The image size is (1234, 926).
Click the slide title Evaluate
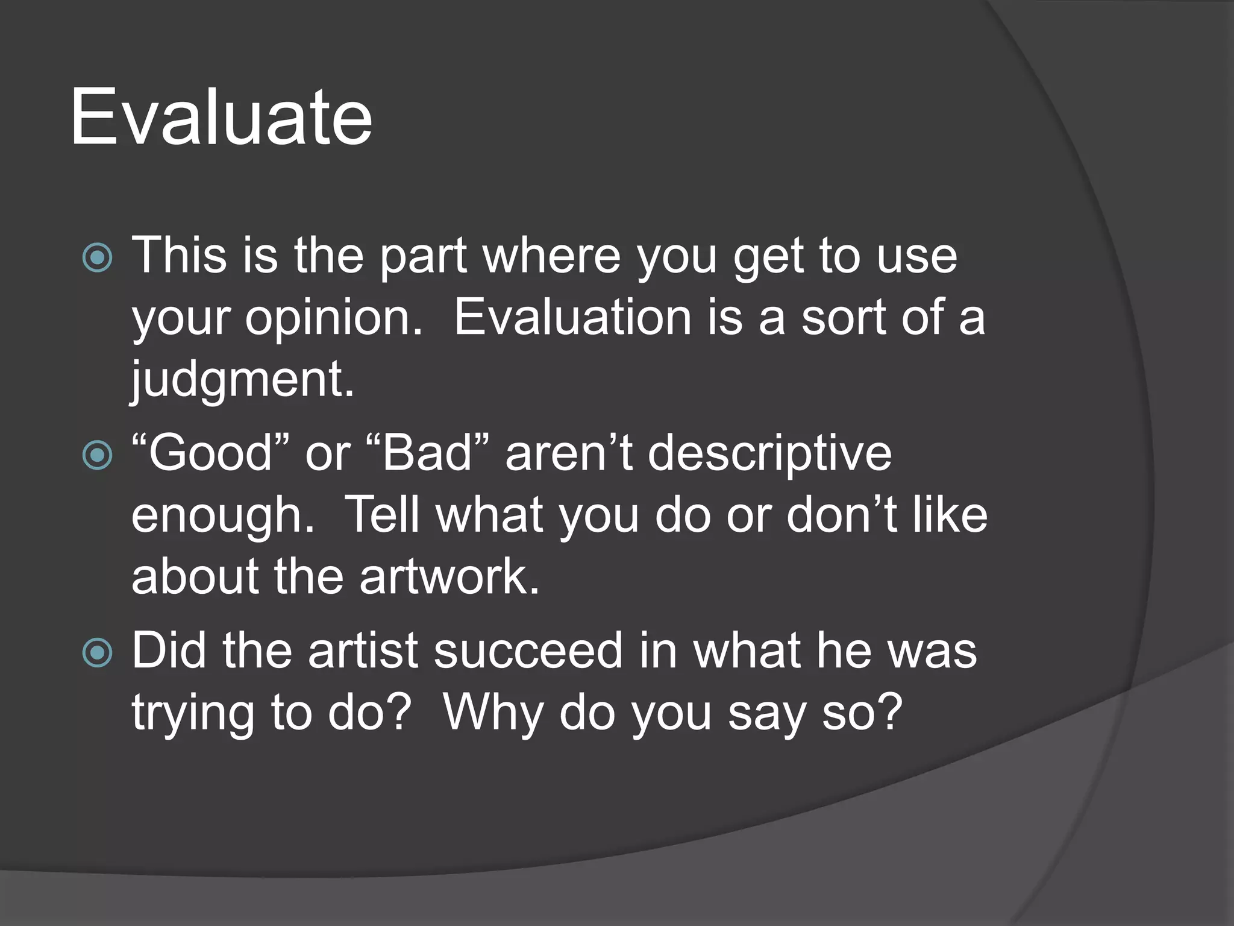click(221, 117)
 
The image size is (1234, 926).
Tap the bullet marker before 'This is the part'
click(97, 258)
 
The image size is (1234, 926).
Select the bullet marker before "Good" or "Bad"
click(97, 455)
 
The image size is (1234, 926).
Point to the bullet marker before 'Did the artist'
click(97, 653)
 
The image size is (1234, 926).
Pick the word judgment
click(242, 381)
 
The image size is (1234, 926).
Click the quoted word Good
click(210, 453)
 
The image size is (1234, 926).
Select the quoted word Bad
click(427, 453)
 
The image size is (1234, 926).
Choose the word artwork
click(449, 577)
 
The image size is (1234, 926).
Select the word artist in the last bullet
click(363, 651)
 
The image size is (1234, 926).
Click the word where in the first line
click(551, 256)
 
